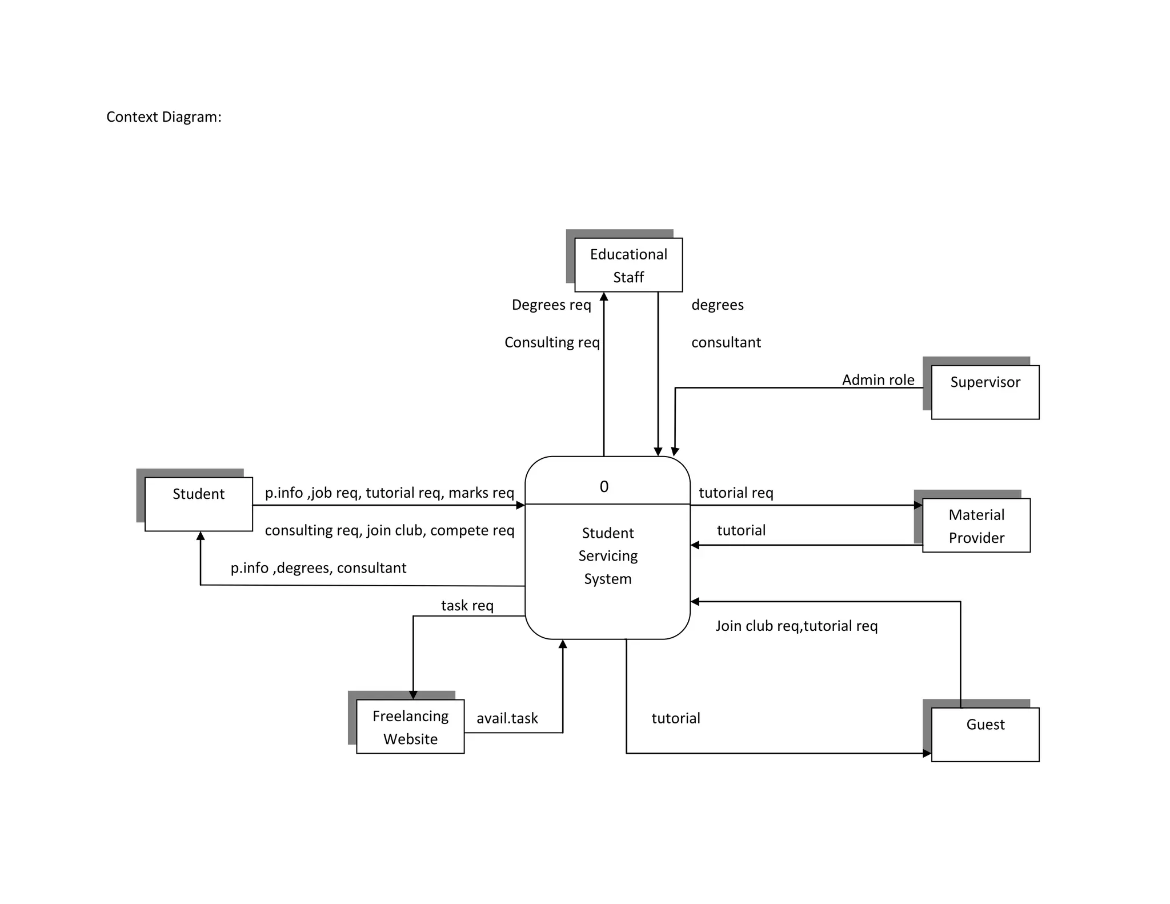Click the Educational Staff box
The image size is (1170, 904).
(x=628, y=265)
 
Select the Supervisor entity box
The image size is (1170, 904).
(x=985, y=392)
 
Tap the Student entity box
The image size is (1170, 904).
(x=198, y=504)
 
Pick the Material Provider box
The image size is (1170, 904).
(x=976, y=525)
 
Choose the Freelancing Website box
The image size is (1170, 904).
(x=410, y=726)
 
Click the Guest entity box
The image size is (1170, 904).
(x=985, y=734)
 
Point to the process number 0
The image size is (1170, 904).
(x=604, y=486)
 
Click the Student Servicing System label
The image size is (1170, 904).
(x=607, y=555)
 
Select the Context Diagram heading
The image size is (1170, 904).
(x=164, y=117)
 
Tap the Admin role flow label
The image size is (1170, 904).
(x=878, y=380)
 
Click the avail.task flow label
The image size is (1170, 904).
(x=507, y=718)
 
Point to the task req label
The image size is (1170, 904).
(x=467, y=605)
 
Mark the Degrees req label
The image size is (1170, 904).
(x=551, y=305)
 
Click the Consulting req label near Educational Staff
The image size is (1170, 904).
(x=552, y=342)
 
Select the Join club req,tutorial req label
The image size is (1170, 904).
(x=796, y=626)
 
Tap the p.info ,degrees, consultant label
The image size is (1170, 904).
(x=318, y=568)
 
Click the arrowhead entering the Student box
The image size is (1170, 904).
(x=201, y=536)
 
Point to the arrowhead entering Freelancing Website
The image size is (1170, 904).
(x=413, y=695)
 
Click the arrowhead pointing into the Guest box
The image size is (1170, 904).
(x=927, y=753)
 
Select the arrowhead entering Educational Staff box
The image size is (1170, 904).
(x=604, y=297)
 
